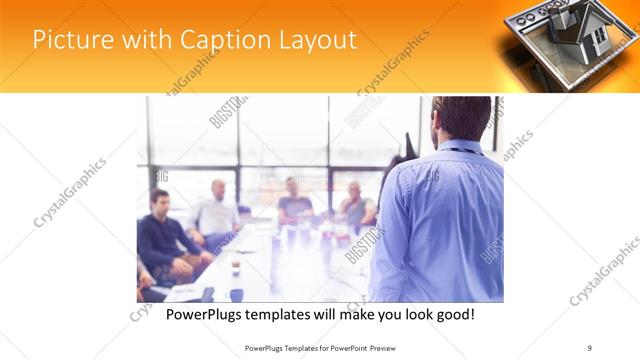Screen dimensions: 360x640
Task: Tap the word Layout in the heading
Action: [314, 40]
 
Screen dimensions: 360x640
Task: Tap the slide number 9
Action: [590, 348]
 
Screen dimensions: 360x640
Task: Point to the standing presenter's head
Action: [461, 117]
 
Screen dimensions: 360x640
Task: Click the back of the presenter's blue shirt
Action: [440, 220]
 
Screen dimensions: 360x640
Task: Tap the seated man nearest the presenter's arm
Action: [355, 206]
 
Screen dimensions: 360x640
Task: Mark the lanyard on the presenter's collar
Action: [460, 151]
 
